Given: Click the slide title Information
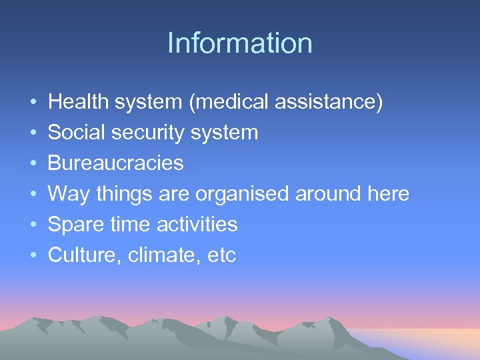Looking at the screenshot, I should (240, 43).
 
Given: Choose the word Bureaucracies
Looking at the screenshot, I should (116, 163).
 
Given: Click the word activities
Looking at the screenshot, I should (197, 225).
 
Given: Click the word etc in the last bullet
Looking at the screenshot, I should (221, 255).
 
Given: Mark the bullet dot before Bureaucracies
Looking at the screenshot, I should (33, 164).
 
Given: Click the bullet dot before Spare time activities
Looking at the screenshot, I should (33, 225).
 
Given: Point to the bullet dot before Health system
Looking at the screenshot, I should (33, 103).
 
